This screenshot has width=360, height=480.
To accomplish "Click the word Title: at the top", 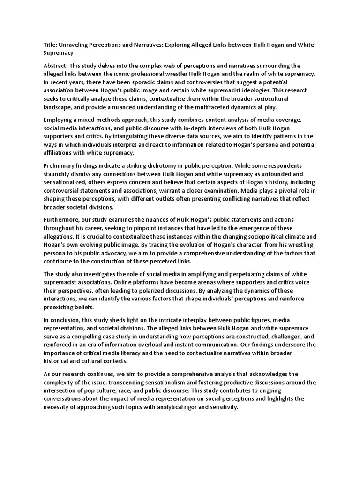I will (x=50, y=45).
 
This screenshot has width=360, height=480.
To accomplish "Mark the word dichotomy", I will (x=159, y=165).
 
